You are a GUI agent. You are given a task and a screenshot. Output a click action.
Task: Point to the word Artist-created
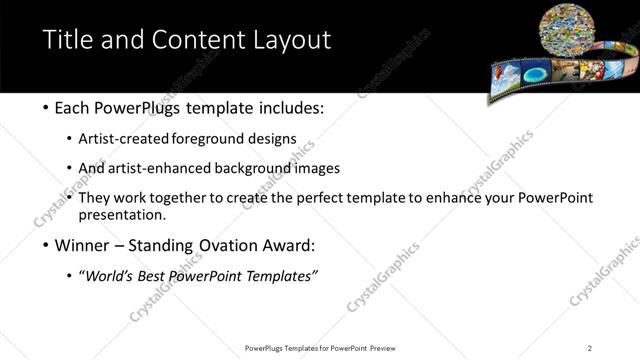136,139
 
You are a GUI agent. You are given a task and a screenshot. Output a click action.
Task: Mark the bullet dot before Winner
46,245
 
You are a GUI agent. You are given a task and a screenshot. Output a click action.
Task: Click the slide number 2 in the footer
589,347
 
